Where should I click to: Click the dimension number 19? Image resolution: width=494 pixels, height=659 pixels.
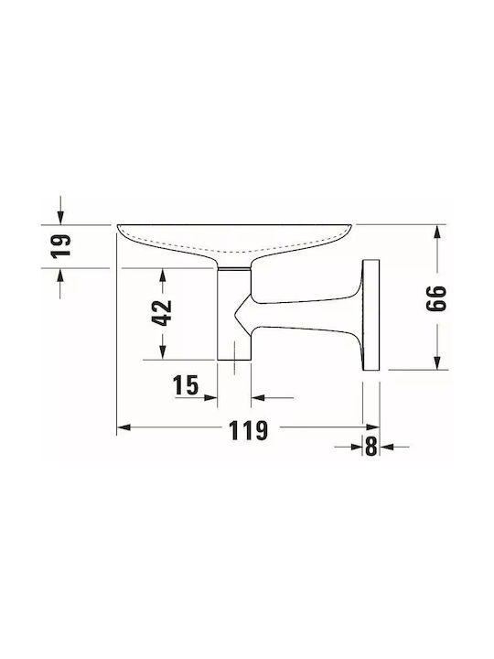click(61, 246)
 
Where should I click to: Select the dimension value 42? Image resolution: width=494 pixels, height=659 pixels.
click(162, 313)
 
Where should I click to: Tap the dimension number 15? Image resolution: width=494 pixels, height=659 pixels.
click(186, 385)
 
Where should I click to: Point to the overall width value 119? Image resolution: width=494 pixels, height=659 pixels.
click(248, 430)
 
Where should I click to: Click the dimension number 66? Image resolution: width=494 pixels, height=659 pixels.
click(436, 298)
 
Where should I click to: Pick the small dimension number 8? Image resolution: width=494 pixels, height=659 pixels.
click(370, 447)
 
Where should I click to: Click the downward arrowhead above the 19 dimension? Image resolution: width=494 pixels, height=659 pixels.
click(61, 218)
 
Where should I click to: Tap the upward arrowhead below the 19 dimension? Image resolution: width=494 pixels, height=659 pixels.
click(61, 275)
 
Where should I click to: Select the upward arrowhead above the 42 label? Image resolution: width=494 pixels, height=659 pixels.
click(163, 275)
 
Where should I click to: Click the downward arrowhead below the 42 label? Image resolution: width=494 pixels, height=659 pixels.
click(163, 352)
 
